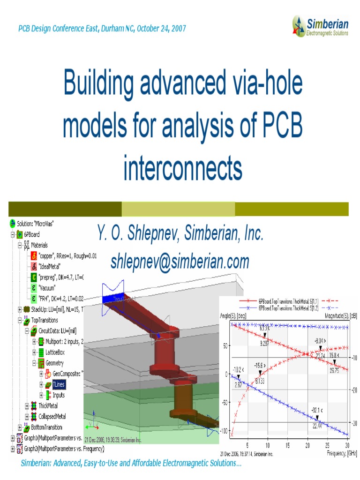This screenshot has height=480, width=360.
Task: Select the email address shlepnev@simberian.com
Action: [180, 261]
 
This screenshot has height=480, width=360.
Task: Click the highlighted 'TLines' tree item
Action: [59, 384]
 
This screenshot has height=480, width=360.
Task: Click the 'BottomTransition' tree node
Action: [46, 427]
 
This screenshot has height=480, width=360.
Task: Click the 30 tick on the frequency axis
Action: [346, 445]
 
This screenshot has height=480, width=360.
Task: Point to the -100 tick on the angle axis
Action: [222, 431]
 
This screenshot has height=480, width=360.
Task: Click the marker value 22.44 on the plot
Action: [317, 426]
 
